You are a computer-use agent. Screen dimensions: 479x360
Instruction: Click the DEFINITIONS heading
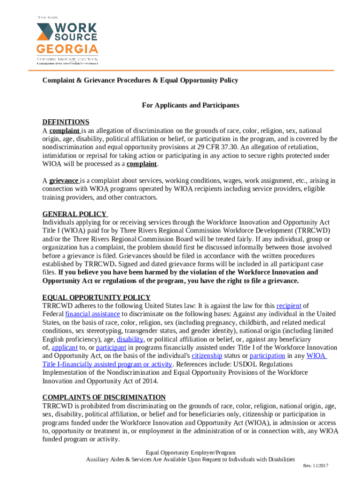point(65,122)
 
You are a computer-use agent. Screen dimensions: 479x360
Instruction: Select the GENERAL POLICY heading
point(75,214)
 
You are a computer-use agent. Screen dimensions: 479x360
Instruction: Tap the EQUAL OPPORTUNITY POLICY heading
point(96,298)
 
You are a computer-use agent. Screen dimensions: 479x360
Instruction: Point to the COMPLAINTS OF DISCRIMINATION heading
point(104,397)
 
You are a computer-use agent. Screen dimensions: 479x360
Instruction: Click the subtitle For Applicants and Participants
point(191,105)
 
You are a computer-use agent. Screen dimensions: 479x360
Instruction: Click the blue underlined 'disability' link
point(130,339)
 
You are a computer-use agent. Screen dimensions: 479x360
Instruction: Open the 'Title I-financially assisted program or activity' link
point(108,364)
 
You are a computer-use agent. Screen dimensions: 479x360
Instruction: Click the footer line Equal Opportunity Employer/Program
point(190,453)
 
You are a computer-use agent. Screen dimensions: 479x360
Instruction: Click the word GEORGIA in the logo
point(67,49)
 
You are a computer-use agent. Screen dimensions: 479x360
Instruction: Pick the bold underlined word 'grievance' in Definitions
point(64,181)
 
